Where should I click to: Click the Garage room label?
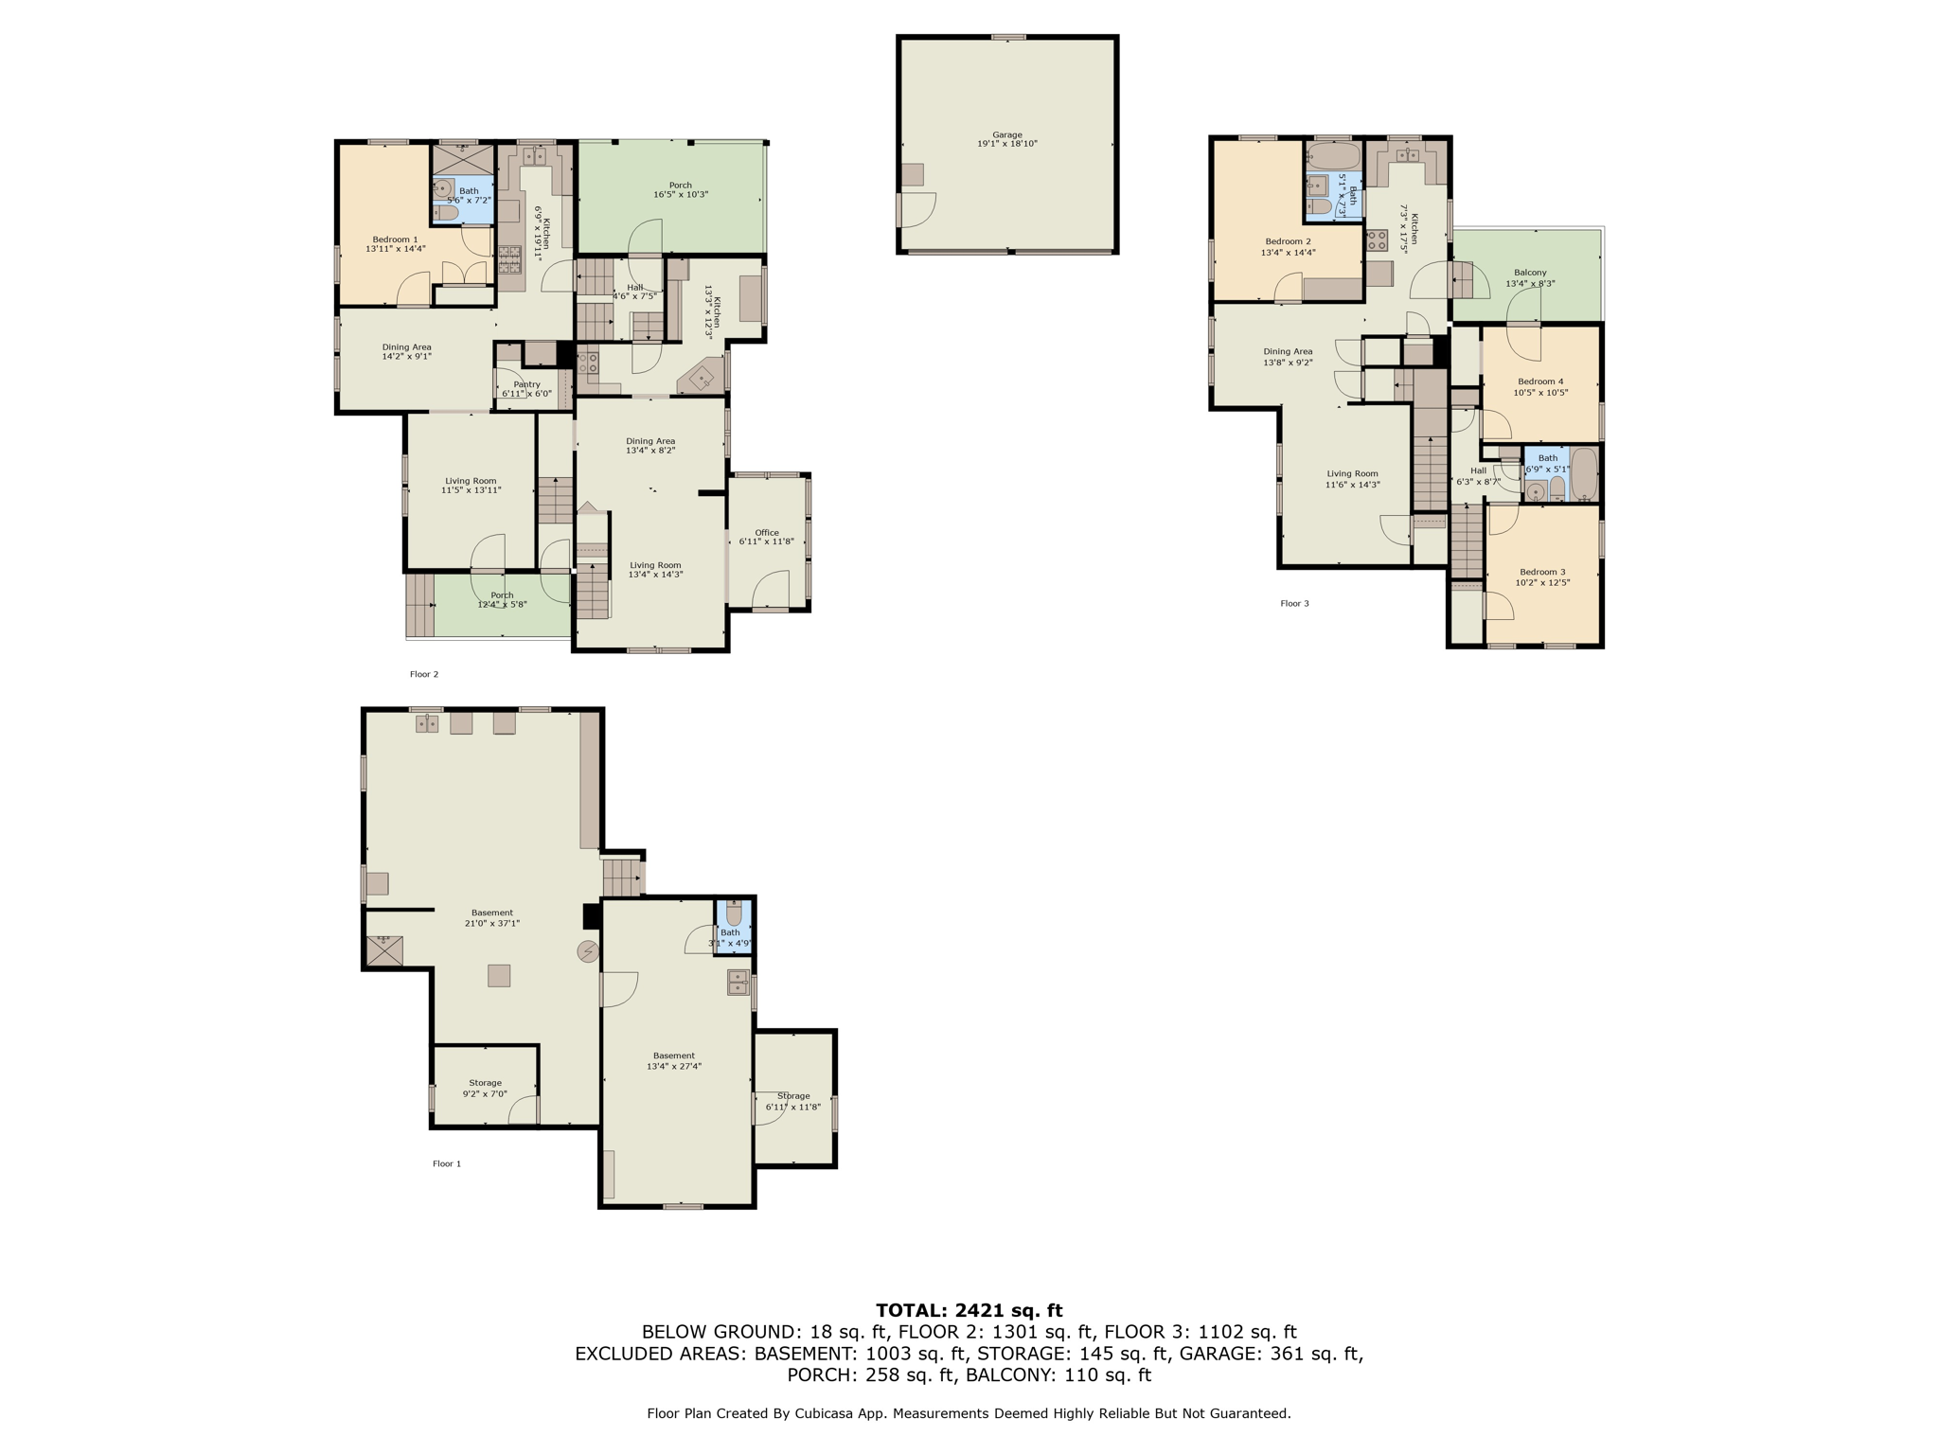pos(1007,139)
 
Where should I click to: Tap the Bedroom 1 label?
pos(396,244)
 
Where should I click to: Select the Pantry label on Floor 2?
pos(526,389)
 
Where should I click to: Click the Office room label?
pos(767,537)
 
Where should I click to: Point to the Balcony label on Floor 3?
pos(1530,277)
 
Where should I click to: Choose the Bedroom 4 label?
pos(1540,386)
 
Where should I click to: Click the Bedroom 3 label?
pos(1542,576)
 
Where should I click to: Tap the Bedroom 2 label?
pos(1288,247)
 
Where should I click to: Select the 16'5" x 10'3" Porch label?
pos(680,189)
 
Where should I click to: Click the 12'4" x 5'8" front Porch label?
pos(502,599)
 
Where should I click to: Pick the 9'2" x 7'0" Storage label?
pos(485,1088)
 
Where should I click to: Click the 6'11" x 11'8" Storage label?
pos(793,1101)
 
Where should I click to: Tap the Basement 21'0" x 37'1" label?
pos(491,917)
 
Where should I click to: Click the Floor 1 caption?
pos(447,1163)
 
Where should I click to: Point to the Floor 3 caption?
pos(1294,603)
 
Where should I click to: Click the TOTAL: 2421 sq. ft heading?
pos(969,1310)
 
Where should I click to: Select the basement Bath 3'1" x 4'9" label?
pos(730,937)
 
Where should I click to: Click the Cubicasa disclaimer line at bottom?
pos(969,1413)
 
